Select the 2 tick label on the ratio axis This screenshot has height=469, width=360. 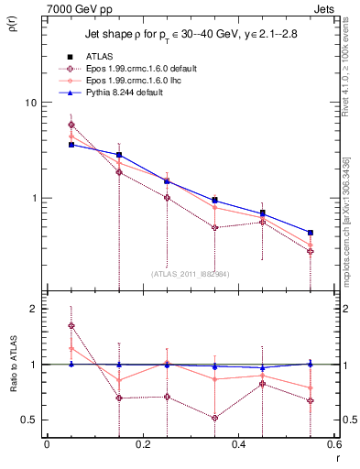click(33, 309)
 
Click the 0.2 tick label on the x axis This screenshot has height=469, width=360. click(142, 444)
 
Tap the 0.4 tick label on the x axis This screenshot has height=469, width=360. click(238, 444)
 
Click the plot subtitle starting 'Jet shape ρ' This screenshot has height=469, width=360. click(191, 36)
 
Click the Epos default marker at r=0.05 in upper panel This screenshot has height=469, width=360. click(71, 125)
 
